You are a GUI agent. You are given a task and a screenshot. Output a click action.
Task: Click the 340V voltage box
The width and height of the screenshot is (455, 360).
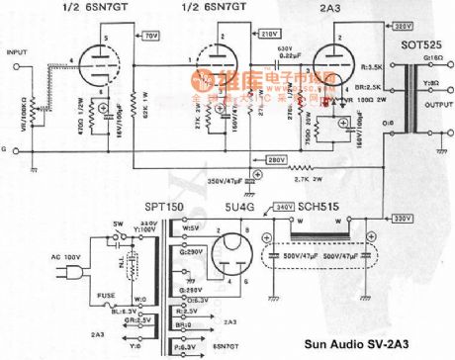point(284,208)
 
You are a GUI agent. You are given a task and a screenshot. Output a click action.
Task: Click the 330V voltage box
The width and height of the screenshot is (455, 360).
point(404,218)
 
